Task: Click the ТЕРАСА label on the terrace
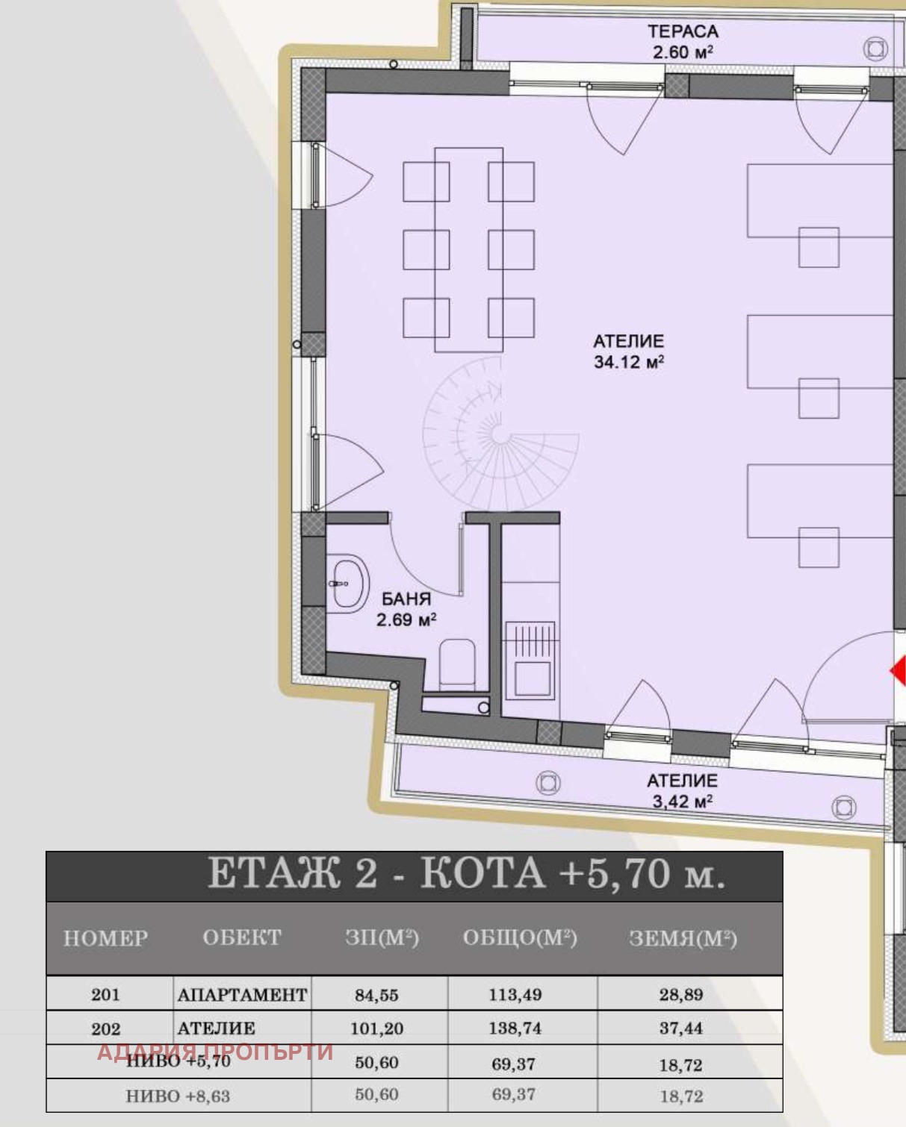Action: click(683, 31)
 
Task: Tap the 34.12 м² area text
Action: click(629, 362)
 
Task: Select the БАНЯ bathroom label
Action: click(406, 599)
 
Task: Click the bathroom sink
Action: click(349, 584)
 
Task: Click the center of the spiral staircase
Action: click(500, 434)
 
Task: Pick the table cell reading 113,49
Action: click(515, 994)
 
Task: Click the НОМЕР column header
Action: click(105, 938)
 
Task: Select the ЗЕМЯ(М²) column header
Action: click(683, 938)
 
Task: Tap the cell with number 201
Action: click(105, 994)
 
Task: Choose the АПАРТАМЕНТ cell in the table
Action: click(242, 994)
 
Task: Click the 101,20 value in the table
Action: click(376, 1028)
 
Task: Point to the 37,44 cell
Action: click(681, 1028)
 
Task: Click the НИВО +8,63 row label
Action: click(178, 1096)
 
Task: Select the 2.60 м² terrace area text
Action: click(683, 52)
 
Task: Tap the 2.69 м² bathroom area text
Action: click(406, 620)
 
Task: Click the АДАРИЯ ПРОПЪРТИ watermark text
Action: click(215, 1052)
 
